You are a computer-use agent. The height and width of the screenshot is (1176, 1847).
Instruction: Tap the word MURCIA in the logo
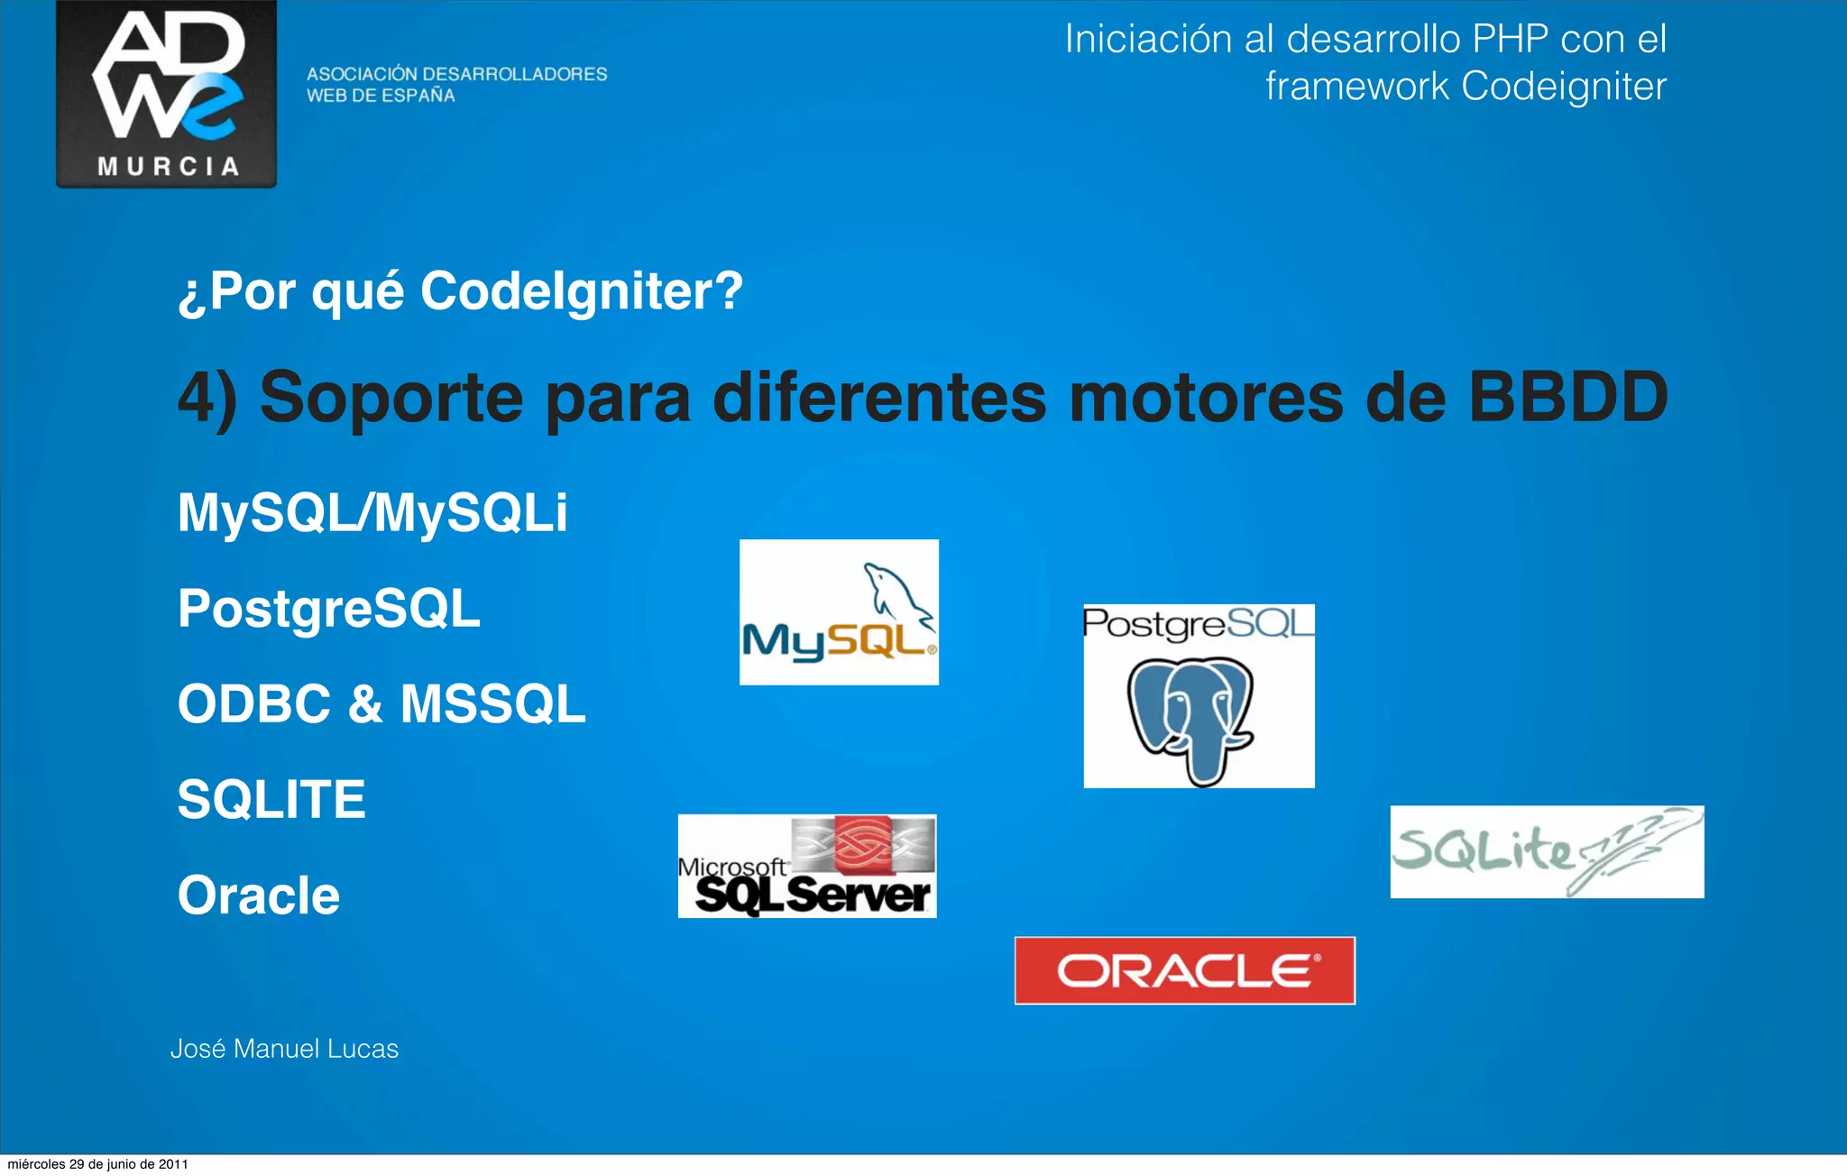point(168,167)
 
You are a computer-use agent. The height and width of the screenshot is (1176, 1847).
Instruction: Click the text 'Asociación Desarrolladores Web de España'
point(456,85)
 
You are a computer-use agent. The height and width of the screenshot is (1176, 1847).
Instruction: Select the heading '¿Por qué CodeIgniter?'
point(460,291)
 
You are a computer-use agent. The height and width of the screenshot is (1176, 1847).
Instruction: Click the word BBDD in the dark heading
point(1568,397)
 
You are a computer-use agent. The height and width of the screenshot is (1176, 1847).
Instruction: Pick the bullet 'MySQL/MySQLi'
point(372,513)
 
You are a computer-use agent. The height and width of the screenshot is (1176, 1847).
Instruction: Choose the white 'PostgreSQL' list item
point(329,609)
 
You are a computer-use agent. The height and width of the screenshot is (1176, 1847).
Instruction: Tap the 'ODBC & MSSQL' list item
point(381,704)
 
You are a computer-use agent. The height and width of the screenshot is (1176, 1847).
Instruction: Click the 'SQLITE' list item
point(271,800)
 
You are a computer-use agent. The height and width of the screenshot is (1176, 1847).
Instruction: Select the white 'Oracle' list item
point(259,896)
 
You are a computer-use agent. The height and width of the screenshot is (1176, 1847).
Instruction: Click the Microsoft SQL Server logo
point(807,867)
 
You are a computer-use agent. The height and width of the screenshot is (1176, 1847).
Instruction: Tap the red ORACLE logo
point(1184,970)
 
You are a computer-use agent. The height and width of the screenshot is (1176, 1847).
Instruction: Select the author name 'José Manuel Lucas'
point(284,1049)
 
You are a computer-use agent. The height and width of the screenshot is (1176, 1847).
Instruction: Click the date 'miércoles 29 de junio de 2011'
point(97,1164)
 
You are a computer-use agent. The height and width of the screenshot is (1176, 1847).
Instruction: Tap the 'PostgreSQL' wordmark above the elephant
point(1198,623)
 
